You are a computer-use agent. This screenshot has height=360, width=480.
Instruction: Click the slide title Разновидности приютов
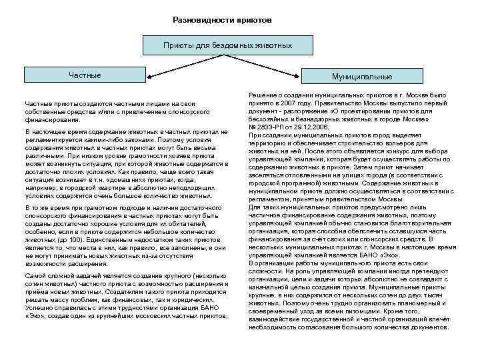click(221, 19)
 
